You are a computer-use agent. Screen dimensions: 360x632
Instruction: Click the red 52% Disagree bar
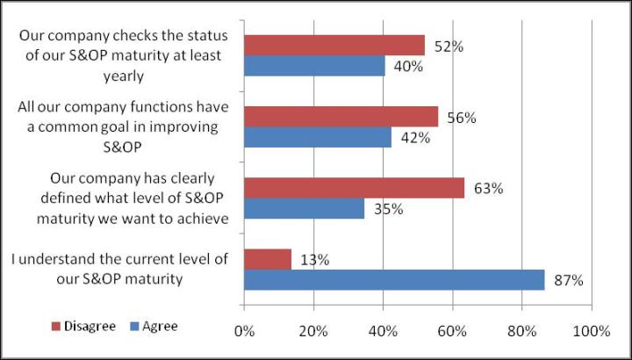(x=334, y=46)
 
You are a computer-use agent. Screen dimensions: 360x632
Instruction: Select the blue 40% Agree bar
(x=314, y=67)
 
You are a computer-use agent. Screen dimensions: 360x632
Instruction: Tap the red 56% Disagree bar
(x=341, y=117)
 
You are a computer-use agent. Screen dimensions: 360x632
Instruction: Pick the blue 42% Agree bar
(x=317, y=138)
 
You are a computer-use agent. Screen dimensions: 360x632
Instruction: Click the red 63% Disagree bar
(x=354, y=188)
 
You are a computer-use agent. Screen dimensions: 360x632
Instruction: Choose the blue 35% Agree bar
(x=304, y=209)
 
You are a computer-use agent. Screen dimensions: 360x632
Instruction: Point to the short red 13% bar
(x=267, y=259)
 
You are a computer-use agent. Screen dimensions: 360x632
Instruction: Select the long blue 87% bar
(x=394, y=280)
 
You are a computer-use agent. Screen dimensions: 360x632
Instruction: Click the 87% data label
(x=568, y=280)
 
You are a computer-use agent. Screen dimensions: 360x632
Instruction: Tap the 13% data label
(x=313, y=260)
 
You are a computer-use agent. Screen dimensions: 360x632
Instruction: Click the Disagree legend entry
(x=86, y=327)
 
